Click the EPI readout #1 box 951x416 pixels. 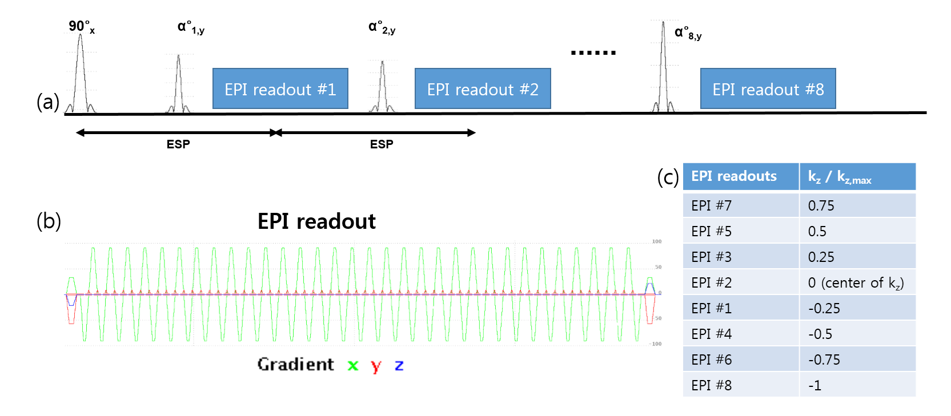[x=280, y=89]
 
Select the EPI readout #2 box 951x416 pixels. [x=483, y=89]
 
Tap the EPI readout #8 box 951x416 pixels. [x=768, y=89]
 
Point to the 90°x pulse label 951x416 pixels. [x=81, y=26]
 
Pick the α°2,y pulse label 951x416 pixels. [x=382, y=27]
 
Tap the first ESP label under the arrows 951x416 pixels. [x=178, y=144]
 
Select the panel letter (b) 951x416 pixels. [x=49, y=221]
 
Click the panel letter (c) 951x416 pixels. [x=668, y=177]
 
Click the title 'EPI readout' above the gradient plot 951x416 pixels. [x=316, y=221]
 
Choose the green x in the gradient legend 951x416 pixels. [x=353, y=365]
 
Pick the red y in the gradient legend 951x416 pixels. [x=376, y=366]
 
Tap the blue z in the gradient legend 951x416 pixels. [x=399, y=365]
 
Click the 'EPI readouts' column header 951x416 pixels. [x=734, y=176]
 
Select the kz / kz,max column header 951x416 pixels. [x=839, y=177]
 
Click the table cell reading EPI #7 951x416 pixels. [x=711, y=205]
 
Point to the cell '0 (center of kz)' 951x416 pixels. [x=856, y=282]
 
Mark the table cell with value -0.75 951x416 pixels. [x=824, y=360]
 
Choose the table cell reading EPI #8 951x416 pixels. [x=711, y=385]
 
